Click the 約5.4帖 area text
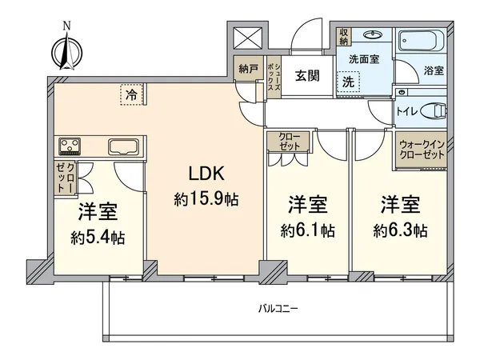[96, 238]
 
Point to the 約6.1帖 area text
[308, 230]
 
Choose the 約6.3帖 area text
[401, 230]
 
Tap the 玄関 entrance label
[306, 76]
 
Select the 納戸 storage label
[246, 69]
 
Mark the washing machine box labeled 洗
[349, 81]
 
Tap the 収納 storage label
[342, 37]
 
